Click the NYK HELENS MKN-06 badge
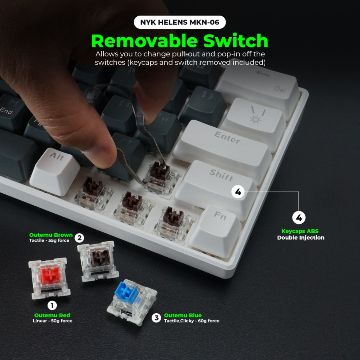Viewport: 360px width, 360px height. (180, 22)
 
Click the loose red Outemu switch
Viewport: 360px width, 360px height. (50, 278)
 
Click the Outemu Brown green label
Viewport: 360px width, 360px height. (51, 235)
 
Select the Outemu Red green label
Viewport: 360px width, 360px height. (52, 315)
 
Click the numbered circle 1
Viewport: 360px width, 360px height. (52, 306)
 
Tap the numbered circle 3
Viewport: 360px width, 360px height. (156, 318)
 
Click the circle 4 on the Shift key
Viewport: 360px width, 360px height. (238, 192)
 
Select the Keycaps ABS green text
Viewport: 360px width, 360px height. (300, 231)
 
